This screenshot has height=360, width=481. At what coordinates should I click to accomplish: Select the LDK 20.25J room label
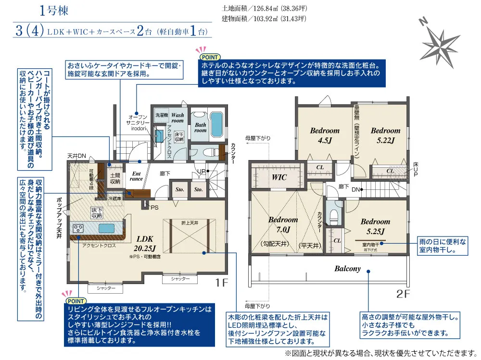144,243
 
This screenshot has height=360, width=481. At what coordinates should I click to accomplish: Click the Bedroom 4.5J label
324,135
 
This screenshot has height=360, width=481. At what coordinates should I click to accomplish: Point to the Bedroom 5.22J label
385,135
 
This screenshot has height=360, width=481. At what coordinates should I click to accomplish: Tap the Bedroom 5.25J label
375,226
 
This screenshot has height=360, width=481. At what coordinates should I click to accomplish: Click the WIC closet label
279,177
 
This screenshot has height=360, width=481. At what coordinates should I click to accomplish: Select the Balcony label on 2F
347,269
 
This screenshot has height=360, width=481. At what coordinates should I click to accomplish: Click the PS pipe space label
154,208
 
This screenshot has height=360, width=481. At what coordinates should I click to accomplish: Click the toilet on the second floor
332,217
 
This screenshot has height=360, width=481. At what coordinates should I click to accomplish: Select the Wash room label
177,118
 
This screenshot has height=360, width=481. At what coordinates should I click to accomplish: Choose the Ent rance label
136,176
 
